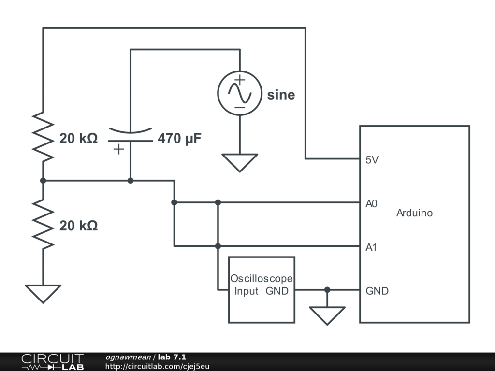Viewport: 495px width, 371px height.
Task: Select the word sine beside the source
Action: [x=281, y=95]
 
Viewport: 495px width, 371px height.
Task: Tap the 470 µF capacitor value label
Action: [x=179, y=139]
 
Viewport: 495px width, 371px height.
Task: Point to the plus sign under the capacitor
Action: [x=118, y=149]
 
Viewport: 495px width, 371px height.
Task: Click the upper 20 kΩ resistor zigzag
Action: [x=43, y=137]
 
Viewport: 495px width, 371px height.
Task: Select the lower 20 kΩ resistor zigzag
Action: [x=43, y=225]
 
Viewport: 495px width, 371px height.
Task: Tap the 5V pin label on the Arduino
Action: [x=372, y=160]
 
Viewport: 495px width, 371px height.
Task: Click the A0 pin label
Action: [x=371, y=204]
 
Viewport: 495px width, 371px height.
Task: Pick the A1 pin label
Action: [x=371, y=248]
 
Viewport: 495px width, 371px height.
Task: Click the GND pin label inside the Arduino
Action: [x=377, y=291]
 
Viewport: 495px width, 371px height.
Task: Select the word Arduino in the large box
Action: [x=414, y=213]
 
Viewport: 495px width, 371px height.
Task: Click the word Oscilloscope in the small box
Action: [x=261, y=279]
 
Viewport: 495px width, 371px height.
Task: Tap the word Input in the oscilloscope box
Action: [x=247, y=291]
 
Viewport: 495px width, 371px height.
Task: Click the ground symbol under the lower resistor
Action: [x=43, y=293]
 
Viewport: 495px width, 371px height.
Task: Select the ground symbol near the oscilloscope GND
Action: [x=327, y=314]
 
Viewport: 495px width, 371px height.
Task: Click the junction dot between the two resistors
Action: [x=43, y=181]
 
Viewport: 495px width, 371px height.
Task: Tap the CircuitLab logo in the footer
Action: [x=52, y=362]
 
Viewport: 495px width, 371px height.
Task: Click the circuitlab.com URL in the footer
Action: [x=157, y=366]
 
